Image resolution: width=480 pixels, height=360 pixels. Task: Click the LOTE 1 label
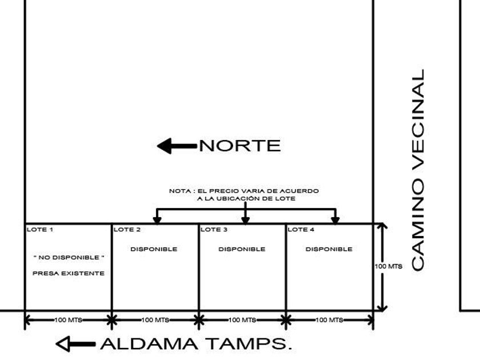pos(40,230)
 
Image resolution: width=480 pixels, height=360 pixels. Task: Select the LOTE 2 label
pos(127,230)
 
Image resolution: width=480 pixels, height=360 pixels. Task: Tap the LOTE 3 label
pos(214,230)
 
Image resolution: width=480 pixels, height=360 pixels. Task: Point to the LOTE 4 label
pos(301,230)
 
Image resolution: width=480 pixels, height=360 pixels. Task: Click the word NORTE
pos(240,146)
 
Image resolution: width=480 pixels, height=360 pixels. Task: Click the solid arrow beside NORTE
pos(177,146)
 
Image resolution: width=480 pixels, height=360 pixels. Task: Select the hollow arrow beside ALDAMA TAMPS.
pos(75,344)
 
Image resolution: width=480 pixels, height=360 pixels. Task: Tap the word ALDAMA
pos(149,344)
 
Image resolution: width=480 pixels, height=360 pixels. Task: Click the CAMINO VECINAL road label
pos(418,170)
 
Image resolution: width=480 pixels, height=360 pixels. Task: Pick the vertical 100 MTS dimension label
pos(389,266)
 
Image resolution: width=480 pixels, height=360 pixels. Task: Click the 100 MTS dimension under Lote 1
pos(68,320)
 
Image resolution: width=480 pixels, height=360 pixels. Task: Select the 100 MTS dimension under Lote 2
pos(155,320)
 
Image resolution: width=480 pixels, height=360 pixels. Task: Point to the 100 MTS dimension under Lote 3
pos(242,320)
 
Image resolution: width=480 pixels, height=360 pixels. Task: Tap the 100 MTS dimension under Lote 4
pos(329,320)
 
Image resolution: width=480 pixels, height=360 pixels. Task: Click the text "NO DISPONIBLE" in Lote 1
pos(69,258)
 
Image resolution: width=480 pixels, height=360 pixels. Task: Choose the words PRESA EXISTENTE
pos(69,273)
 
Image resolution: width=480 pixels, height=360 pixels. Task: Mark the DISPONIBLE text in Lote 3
pos(242,249)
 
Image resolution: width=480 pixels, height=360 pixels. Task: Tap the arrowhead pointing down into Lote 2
pos(157,220)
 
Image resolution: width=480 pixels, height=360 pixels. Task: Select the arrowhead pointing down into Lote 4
pos(335,220)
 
